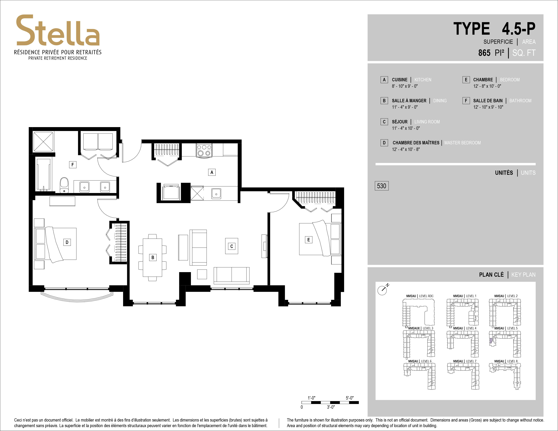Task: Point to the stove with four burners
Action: (204, 150)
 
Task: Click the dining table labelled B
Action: (153, 257)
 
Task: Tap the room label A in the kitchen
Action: (212, 172)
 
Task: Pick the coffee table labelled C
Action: (232, 246)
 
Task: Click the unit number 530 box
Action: (381, 186)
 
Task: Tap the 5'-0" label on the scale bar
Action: (350, 398)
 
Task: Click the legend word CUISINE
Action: (400, 80)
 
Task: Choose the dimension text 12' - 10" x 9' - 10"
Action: (488, 107)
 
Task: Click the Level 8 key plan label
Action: (506, 361)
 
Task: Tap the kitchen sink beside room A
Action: (216, 194)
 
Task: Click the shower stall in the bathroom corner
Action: (43, 142)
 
